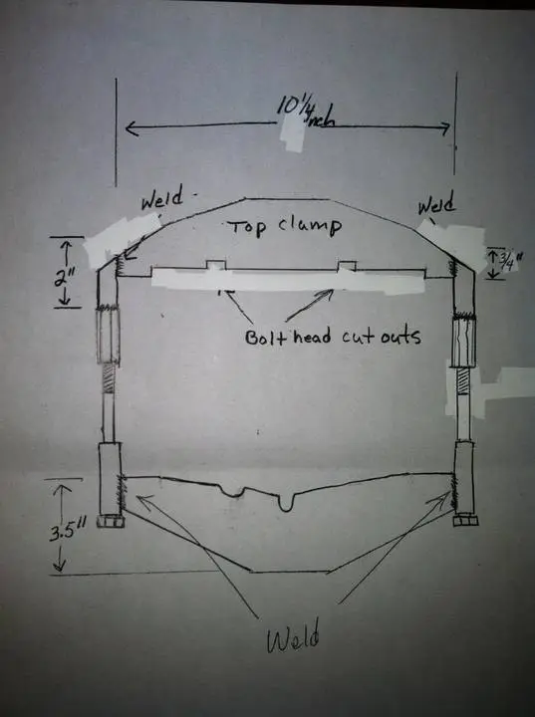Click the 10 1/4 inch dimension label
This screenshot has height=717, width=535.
(x=305, y=112)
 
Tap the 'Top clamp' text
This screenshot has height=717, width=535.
(x=285, y=226)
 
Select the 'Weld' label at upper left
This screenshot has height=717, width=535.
(x=162, y=197)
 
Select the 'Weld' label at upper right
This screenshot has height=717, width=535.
(x=436, y=203)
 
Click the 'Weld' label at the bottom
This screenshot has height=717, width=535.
(x=293, y=635)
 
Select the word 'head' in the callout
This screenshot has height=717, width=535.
(x=312, y=337)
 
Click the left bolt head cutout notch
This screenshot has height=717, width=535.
(x=216, y=265)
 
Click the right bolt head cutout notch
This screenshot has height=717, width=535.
(x=347, y=266)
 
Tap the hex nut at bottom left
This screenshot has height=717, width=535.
(x=111, y=521)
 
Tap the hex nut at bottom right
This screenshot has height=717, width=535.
(x=465, y=520)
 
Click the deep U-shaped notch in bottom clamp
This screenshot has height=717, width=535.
(x=286, y=502)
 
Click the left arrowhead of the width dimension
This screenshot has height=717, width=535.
(x=132, y=128)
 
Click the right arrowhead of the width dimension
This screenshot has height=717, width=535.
(x=444, y=128)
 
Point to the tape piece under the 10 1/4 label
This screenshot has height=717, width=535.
(x=292, y=131)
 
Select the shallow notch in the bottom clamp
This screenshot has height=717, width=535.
(x=232, y=492)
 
